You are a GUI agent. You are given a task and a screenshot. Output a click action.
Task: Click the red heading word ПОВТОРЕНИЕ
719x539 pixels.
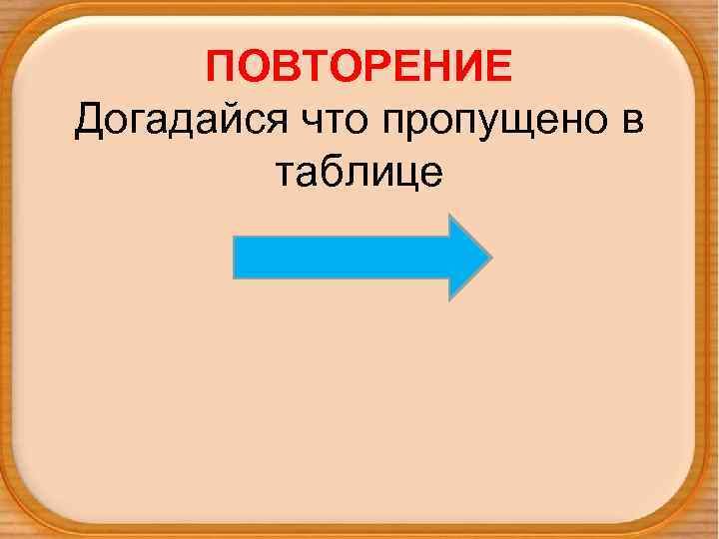(359, 68)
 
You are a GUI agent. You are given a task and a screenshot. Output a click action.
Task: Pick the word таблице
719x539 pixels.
(358, 173)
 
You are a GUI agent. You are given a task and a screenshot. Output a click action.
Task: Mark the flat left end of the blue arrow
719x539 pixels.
(235, 257)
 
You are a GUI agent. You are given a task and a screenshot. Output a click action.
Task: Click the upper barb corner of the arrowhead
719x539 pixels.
(449, 215)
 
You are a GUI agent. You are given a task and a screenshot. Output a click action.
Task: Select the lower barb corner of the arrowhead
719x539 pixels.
(449, 298)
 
